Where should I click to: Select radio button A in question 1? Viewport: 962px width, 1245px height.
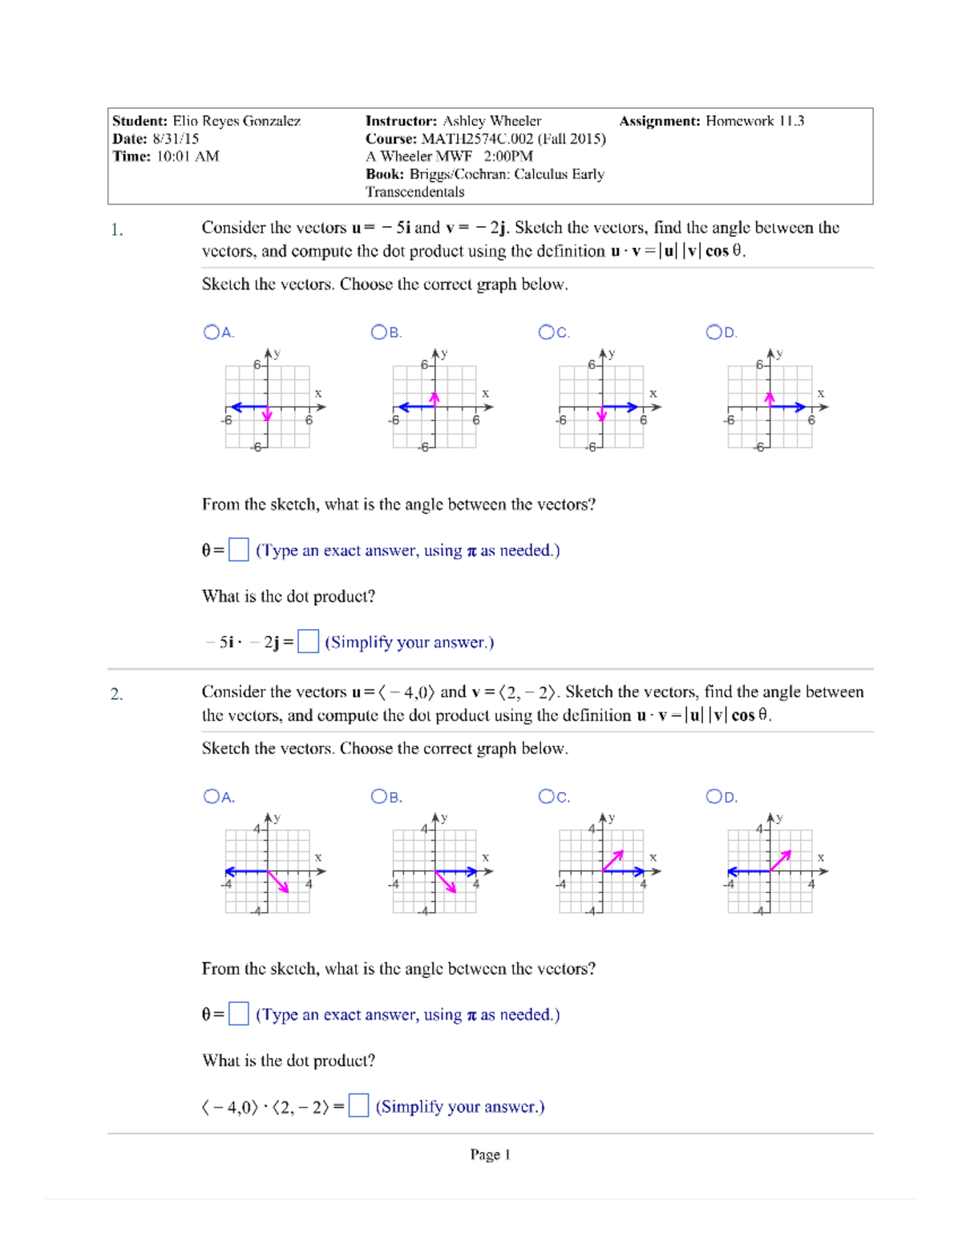coord(212,332)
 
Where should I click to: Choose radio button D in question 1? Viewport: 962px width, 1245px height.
coord(713,332)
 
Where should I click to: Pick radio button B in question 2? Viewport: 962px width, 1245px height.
coord(378,796)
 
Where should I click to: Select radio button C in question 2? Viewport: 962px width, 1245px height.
coord(546,796)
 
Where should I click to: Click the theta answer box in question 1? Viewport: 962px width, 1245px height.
coord(238,550)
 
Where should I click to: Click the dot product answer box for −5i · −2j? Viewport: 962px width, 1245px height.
coord(308,641)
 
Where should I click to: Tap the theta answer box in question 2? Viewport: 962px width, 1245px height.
coord(238,1014)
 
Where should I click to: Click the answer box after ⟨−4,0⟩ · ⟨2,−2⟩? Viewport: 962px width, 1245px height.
coord(358,1106)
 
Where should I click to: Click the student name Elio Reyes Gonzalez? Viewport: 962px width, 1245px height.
coord(236,121)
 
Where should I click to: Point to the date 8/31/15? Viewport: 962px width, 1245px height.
coord(176,139)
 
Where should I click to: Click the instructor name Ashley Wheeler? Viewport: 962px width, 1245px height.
coord(491,121)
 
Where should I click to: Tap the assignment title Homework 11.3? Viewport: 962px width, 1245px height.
coord(754,121)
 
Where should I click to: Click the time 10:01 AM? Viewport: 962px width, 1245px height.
coord(188,156)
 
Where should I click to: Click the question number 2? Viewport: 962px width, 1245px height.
coord(117,694)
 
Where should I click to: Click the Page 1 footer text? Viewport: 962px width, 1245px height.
coord(490,1154)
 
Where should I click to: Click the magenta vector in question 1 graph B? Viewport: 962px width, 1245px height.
coord(435,400)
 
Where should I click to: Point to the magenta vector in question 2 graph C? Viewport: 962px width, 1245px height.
coord(612,862)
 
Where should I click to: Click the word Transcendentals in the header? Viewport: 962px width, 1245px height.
coord(414,192)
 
